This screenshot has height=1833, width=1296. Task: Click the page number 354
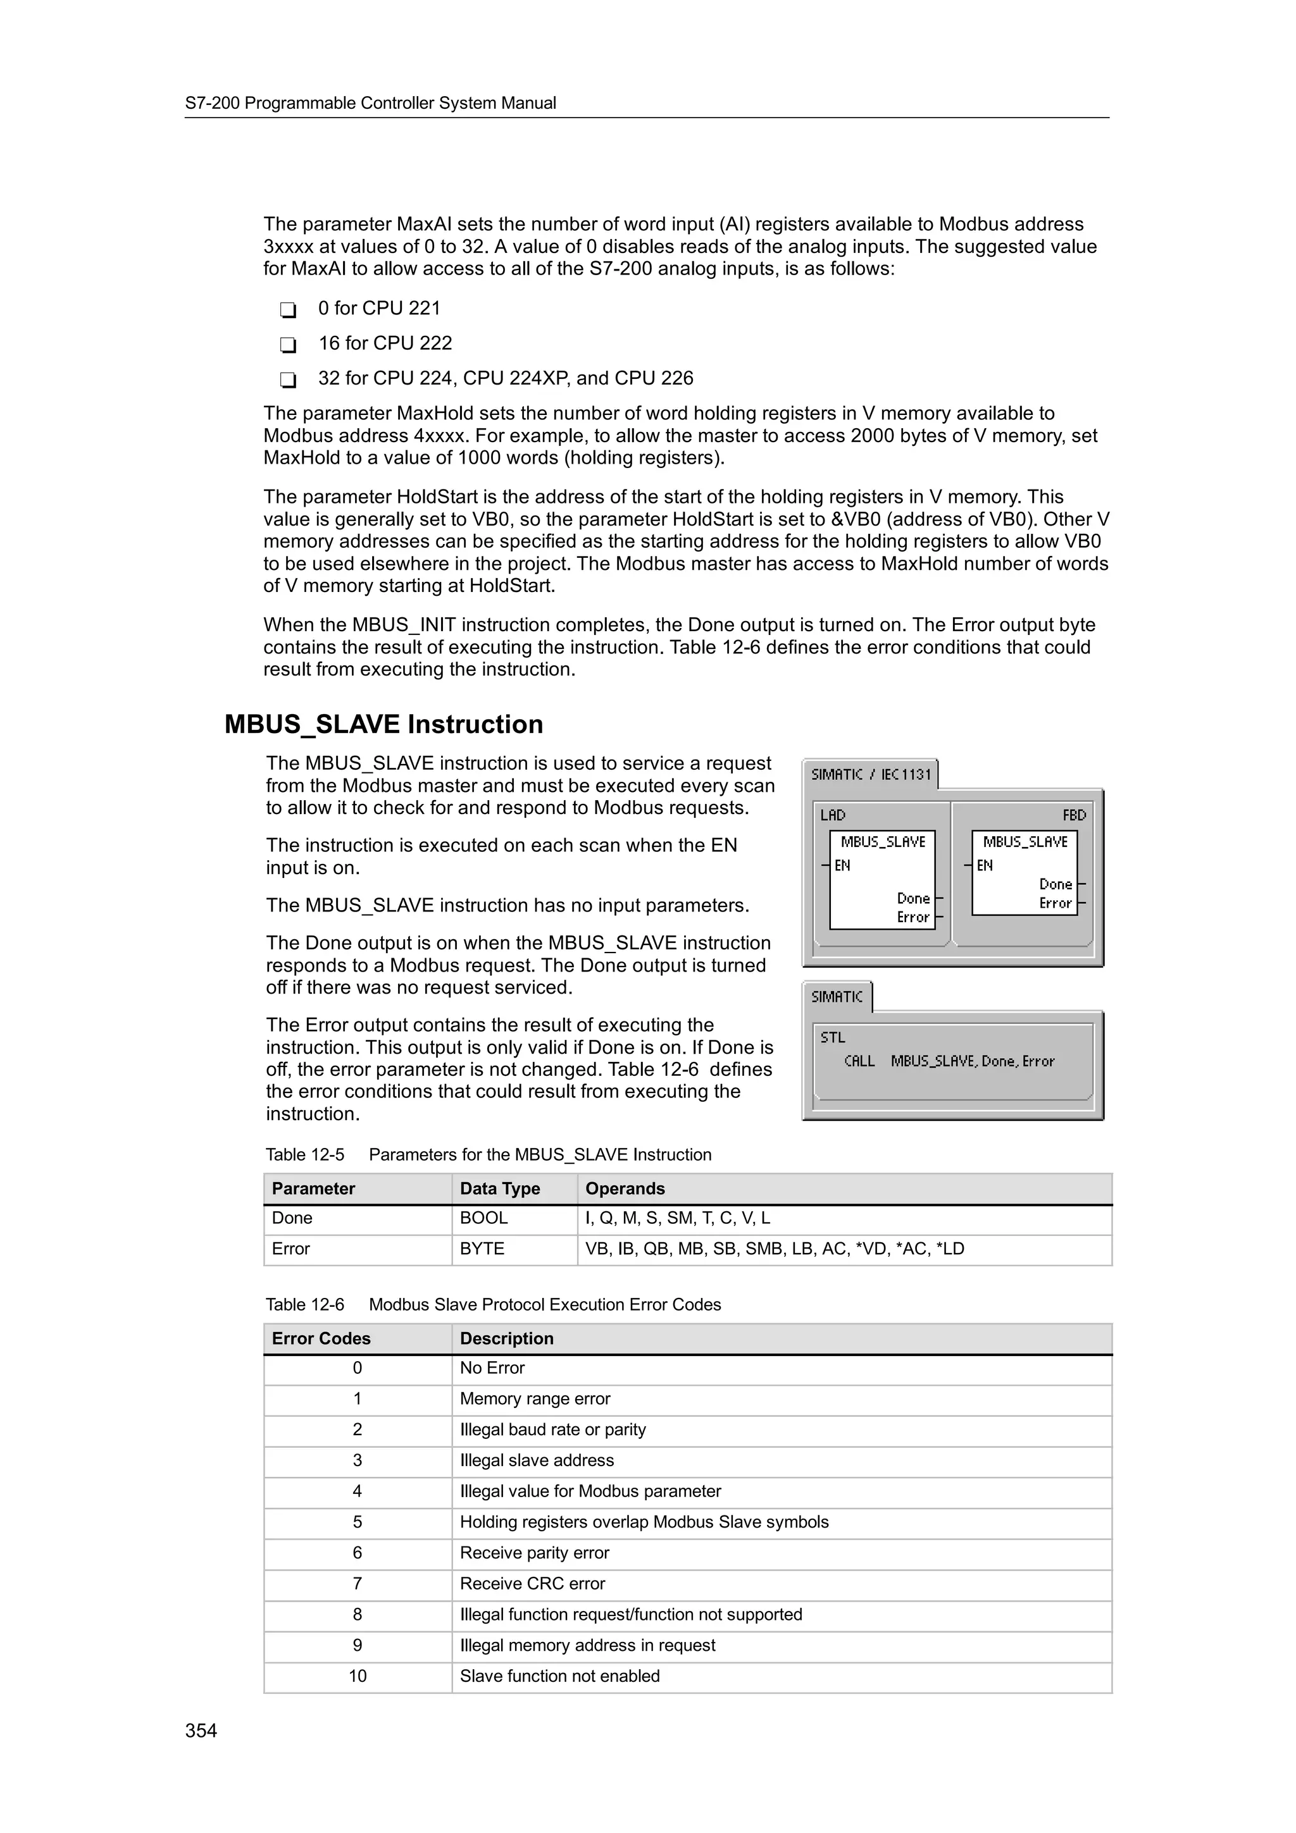click(201, 1730)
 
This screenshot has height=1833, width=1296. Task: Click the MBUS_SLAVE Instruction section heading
click(383, 724)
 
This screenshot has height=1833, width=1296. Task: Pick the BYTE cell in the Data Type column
click(482, 1249)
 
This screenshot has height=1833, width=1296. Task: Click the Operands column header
click(625, 1188)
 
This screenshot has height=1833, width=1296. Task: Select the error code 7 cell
click(357, 1583)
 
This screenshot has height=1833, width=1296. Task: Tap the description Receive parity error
click(533, 1553)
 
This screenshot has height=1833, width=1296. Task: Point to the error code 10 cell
click(357, 1676)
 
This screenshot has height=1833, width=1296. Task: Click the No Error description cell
click(492, 1367)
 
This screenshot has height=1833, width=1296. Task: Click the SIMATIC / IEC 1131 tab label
click(870, 774)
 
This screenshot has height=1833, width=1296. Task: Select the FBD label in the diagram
click(1073, 815)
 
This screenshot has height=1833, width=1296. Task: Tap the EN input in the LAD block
click(842, 865)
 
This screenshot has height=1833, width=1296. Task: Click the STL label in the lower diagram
click(832, 1037)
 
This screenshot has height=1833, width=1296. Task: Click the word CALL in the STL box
click(859, 1061)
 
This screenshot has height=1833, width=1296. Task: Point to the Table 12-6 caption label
click(304, 1304)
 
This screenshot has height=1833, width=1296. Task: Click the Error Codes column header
click(321, 1338)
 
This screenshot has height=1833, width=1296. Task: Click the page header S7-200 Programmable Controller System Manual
click(371, 103)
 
